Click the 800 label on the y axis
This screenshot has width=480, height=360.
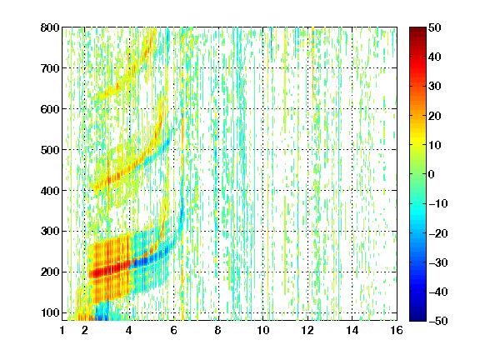tap(50, 27)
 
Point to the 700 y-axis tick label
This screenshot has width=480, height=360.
tap(50, 68)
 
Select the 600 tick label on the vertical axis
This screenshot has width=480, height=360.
tap(50, 109)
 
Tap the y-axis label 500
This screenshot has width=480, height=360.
tap(50, 150)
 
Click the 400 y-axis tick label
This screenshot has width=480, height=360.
tap(50, 191)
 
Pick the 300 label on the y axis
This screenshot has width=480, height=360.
tap(50, 232)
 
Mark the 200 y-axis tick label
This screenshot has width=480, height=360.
tap(50, 272)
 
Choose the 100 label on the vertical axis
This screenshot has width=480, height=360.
tap(50, 312)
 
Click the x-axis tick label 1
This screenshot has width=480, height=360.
tap(62, 330)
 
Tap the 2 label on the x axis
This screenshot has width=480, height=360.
tap(85, 330)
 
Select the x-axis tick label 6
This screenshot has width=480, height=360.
tap(174, 330)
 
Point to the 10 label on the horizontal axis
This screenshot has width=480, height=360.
tap(263, 330)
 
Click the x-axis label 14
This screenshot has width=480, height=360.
tap(352, 330)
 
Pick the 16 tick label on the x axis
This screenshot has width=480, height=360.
tap(397, 330)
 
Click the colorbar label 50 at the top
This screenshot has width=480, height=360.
tap(434, 27)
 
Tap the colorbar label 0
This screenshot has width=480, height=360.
tap(432, 174)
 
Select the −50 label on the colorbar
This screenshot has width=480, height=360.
tap(438, 321)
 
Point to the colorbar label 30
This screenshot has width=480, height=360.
tap(434, 87)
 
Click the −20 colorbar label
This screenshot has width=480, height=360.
tap(438, 233)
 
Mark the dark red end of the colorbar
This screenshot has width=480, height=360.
tap(417, 30)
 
